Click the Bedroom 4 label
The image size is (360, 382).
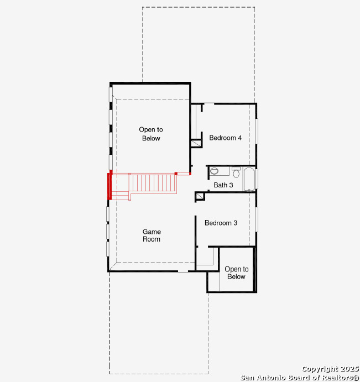[225, 138]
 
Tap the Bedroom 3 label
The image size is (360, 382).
[221, 223]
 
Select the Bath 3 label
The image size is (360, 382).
[223, 185]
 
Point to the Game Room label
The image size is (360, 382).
[152, 236]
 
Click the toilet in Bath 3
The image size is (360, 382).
[236, 172]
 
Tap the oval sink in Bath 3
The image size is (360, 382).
[214, 171]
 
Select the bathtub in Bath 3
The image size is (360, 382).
[249, 179]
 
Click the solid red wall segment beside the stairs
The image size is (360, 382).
[110, 186]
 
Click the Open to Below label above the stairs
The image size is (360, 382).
[151, 134]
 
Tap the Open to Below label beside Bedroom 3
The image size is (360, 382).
[237, 273]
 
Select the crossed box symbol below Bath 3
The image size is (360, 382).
[200, 196]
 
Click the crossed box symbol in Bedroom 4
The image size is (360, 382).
[196, 143]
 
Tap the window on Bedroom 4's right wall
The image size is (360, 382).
[257, 132]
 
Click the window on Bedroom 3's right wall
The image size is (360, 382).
[257, 219]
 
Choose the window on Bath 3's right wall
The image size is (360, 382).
[257, 179]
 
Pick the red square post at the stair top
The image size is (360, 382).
[176, 174]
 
